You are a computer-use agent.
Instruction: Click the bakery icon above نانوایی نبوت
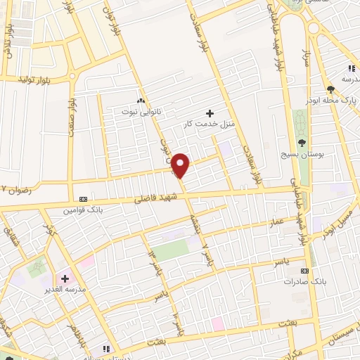click(142, 101)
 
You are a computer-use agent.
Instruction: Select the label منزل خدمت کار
click(209, 124)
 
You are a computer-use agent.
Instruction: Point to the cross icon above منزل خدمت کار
click(210, 112)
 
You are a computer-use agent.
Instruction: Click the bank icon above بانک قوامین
click(84, 199)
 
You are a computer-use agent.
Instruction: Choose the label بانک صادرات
click(304, 281)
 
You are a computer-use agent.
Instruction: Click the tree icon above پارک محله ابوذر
click(330, 89)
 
